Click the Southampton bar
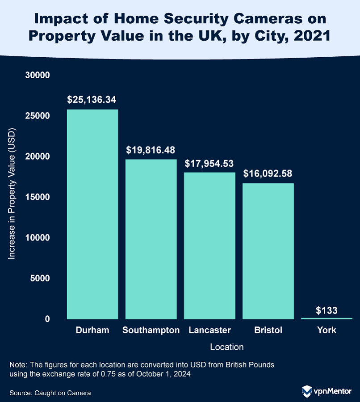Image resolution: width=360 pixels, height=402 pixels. pyautogui.click(x=151, y=239)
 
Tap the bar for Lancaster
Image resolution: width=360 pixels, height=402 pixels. pyautogui.click(x=209, y=245)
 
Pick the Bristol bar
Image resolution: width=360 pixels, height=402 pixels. pyautogui.click(x=268, y=251)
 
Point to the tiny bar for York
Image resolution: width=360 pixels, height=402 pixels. pyautogui.click(x=327, y=318)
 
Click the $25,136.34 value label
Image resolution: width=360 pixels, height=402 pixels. pyautogui.click(x=92, y=99)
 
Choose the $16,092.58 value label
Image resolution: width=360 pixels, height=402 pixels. pyautogui.click(x=268, y=173)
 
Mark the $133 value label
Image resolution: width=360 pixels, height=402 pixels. pyautogui.click(x=327, y=309)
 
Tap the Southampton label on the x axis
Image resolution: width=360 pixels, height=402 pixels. pyautogui.click(x=151, y=330)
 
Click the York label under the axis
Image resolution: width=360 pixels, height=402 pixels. pyautogui.click(x=327, y=330)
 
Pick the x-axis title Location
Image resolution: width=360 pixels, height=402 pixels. pyautogui.click(x=226, y=347)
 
